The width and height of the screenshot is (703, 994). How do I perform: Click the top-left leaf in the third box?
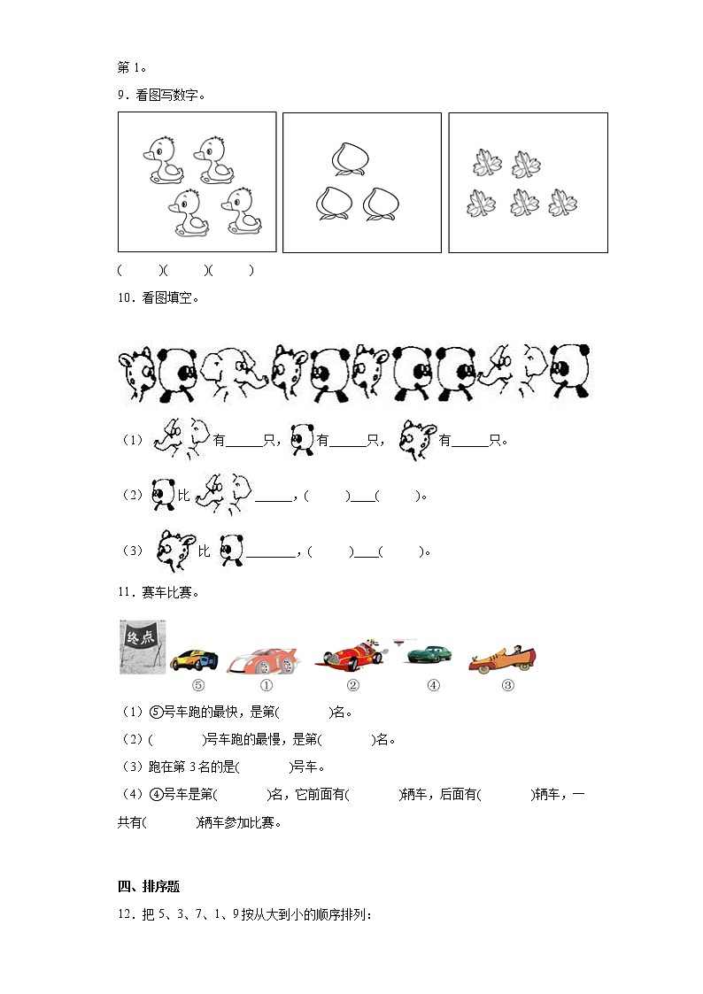(x=486, y=164)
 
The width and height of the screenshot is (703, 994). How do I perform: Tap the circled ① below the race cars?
(x=266, y=685)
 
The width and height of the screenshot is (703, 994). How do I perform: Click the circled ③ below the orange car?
(x=507, y=684)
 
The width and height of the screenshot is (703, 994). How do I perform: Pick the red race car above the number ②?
(x=352, y=656)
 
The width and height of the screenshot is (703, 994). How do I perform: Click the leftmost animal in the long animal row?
(x=137, y=371)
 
